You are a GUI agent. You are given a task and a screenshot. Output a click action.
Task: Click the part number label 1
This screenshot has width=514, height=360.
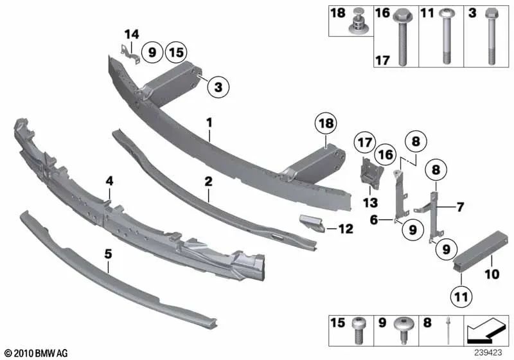(x=209, y=121)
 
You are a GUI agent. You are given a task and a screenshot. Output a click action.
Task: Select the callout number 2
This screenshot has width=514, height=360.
(x=208, y=183)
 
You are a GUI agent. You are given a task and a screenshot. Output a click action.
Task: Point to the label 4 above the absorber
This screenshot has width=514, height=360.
(x=110, y=182)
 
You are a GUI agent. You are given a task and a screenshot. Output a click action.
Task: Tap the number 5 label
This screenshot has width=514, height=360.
(x=109, y=255)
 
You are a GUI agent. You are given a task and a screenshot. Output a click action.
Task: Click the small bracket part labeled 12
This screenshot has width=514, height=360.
(x=311, y=224)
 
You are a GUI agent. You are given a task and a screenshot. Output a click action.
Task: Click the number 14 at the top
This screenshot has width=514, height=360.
(x=131, y=35)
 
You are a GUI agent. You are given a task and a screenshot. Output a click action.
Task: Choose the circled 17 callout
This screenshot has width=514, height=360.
(x=365, y=141)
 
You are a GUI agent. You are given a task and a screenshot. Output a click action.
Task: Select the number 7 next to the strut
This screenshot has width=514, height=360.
(x=459, y=208)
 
